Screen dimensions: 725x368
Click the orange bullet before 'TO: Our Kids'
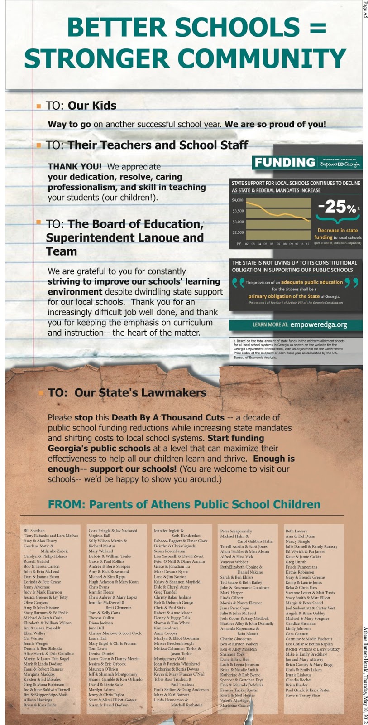(x=38, y=106)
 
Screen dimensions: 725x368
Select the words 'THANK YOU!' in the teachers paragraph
(x=75, y=167)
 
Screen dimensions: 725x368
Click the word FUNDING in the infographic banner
(x=285, y=162)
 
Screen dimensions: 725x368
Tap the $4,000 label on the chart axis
(x=238, y=200)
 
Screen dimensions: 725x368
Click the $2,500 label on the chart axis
(x=238, y=232)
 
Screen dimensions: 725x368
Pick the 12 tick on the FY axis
(x=307, y=244)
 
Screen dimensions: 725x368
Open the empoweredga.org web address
(x=319, y=324)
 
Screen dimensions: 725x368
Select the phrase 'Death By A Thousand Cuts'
(x=168, y=417)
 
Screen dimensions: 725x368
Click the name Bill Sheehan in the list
(x=34, y=530)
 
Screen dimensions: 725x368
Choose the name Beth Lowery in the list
(x=296, y=531)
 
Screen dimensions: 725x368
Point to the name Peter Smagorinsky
(x=236, y=531)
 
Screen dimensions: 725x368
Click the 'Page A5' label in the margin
(x=365, y=10)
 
